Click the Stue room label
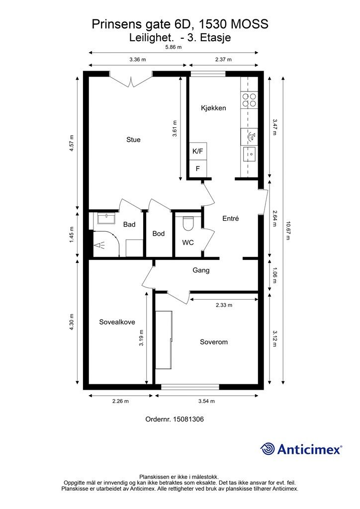click(133, 140)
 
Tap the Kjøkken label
click(214, 108)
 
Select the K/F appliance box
click(198, 151)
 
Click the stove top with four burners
click(249, 100)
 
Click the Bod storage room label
click(159, 234)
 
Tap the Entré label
click(231, 218)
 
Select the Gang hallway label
click(201, 270)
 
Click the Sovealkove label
click(117, 322)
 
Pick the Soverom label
click(214, 342)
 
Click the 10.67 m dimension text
click(287, 231)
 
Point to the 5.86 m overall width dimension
click(173, 47)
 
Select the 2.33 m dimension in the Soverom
click(224, 305)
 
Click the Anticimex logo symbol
click(268, 449)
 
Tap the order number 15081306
click(189, 419)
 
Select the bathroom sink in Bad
click(106, 219)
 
